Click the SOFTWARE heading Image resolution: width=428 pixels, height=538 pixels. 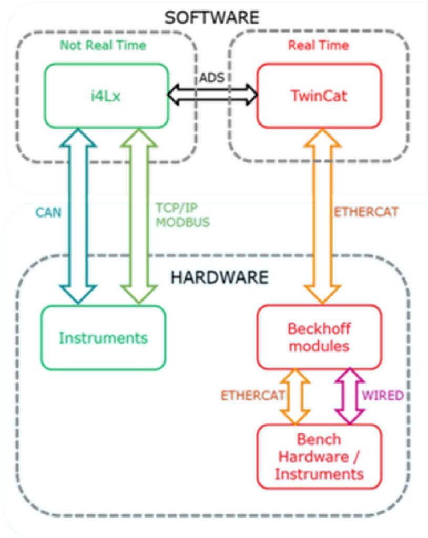point(211,17)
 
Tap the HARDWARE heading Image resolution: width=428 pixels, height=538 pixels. point(220,277)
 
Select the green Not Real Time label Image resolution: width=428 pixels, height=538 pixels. point(103,45)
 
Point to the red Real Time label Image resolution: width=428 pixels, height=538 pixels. point(319,45)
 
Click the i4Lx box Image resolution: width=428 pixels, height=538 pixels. point(107,96)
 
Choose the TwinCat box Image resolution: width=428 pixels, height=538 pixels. point(320,96)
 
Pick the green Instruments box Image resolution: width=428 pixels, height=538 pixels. point(104,338)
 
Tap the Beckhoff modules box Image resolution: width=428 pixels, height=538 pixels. point(320,337)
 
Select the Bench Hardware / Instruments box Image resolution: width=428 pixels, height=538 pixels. point(320,457)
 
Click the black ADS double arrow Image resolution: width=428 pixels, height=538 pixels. point(212,94)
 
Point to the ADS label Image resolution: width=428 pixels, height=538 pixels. point(212,78)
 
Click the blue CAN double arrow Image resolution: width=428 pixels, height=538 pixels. point(78,216)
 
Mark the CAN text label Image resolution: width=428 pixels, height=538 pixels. point(48,213)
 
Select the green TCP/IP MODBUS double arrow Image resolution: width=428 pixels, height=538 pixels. point(139,216)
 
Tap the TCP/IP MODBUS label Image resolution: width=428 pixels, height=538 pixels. point(183,215)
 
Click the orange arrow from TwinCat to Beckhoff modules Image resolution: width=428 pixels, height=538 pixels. point(322,216)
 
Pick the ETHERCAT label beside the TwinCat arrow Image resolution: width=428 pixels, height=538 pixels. point(366,212)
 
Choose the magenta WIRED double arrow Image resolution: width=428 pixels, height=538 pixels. point(350,396)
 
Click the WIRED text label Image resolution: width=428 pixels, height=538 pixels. point(383,396)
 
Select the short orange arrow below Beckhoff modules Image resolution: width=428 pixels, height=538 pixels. point(295,396)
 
